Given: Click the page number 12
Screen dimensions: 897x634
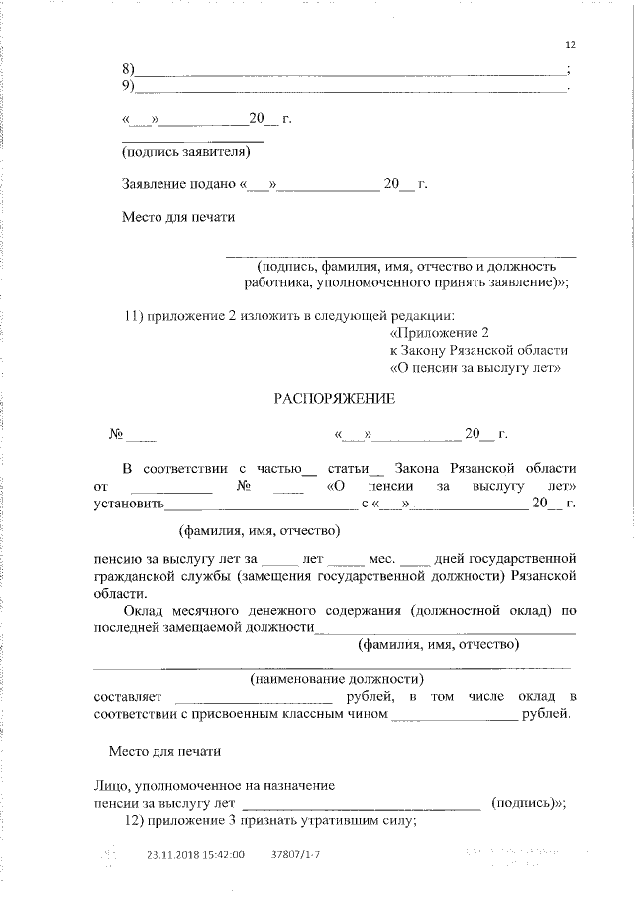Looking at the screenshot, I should tap(569, 45).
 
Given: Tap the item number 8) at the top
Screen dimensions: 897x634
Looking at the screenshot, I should tap(128, 69).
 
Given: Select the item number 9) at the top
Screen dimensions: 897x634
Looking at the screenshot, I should tap(128, 86).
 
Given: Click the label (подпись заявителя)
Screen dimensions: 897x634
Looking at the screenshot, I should tap(178, 153).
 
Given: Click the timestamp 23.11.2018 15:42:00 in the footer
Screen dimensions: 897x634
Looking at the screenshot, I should tap(195, 854).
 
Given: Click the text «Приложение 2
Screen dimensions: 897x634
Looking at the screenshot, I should tap(440, 333).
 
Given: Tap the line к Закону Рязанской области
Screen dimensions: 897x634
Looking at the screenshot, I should tap(478, 351).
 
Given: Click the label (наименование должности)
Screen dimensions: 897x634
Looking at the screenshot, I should tap(337, 679).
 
